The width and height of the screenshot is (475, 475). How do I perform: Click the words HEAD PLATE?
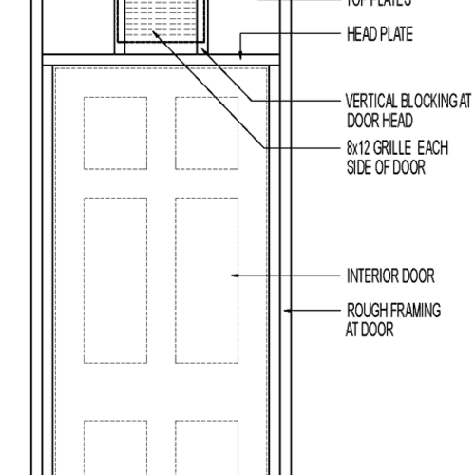coord(380,36)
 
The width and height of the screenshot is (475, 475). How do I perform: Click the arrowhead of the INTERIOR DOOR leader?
coord(234,276)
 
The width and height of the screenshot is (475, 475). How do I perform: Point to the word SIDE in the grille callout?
coord(361,166)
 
